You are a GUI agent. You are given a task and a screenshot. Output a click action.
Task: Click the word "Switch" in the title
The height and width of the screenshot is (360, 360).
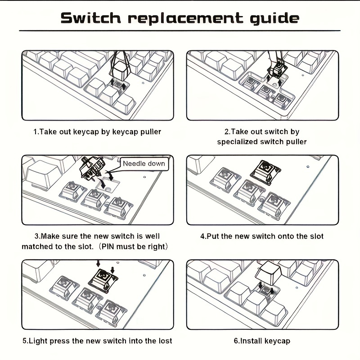pos(91,18)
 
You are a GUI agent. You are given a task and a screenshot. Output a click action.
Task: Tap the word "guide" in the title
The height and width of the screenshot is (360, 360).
pos(274,18)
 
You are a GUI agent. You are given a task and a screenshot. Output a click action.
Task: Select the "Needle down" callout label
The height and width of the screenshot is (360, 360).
pos(144,163)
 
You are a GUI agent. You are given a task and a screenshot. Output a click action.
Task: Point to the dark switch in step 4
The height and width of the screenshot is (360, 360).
pos(265,172)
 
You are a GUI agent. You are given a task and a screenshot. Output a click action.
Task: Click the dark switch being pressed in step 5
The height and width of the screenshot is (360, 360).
pos(103,280)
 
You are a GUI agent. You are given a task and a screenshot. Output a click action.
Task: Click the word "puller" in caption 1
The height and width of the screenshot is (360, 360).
pos(151,132)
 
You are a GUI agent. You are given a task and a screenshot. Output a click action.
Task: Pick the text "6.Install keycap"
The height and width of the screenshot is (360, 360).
pos(262,341)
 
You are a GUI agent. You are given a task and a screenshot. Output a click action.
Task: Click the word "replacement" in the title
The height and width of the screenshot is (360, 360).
pos(185,18)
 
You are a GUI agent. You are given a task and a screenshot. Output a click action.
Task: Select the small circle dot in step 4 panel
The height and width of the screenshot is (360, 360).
pos(308,166)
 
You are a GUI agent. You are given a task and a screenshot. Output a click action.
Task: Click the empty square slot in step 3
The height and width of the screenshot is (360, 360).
pos(108,185)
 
